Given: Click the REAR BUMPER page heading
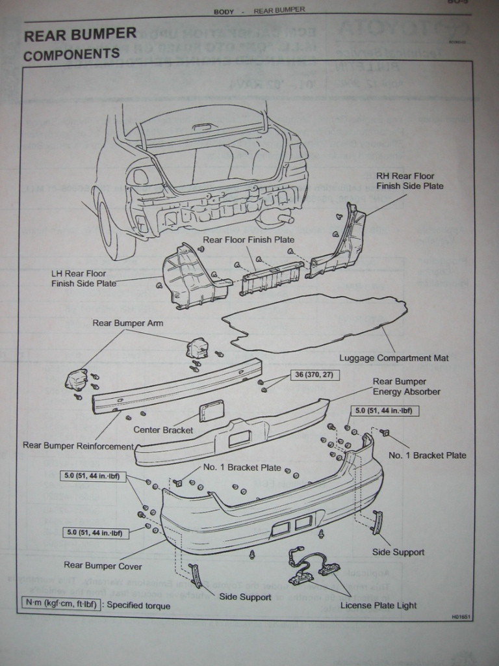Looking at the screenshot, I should click(x=80, y=34).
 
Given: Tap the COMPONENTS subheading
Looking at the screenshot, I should click(x=71, y=55).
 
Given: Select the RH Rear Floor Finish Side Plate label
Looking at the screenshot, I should click(x=409, y=181).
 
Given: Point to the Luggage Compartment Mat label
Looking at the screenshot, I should click(x=394, y=358).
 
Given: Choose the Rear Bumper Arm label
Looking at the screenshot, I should click(x=127, y=323).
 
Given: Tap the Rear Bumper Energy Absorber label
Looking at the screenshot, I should click(x=406, y=386).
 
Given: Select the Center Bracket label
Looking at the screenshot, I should click(x=164, y=430).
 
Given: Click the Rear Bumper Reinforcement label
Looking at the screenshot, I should click(x=78, y=446).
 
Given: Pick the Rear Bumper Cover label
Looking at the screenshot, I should click(x=103, y=566).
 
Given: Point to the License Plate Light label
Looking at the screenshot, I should click(x=378, y=606).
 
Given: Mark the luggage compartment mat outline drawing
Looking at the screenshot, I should click(x=312, y=323).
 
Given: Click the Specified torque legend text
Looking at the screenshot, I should click(x=138, y=606).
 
